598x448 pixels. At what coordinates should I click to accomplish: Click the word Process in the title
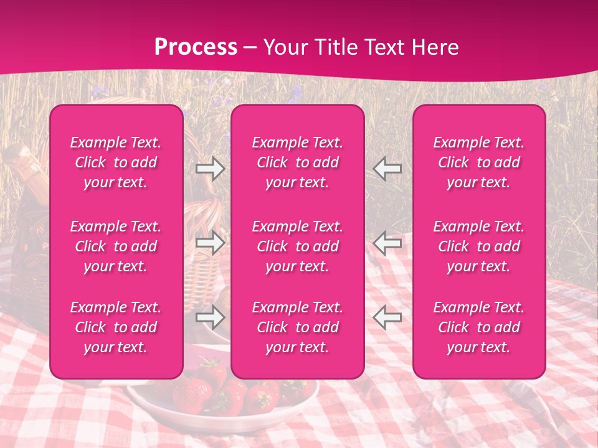tap(196, 47)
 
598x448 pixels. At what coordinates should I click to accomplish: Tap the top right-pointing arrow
tap(210, 169)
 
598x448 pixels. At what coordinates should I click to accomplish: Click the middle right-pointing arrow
tap(210, 242)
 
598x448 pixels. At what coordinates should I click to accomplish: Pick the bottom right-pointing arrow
tap(210, 317)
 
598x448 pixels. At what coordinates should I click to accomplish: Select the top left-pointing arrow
tap(387, 169)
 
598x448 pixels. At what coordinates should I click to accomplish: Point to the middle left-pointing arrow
tap(387, 242)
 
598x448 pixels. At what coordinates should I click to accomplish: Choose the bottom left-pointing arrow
tap(387, 317)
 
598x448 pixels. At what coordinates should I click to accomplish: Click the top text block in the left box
tap(116, 162)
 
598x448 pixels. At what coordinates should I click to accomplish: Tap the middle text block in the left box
tap(116, 246)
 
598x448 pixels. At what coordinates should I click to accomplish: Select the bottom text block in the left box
tap(116, 327)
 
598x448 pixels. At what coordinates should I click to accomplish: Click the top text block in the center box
tap(298, 162)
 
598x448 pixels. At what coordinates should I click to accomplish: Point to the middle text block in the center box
tap(298, 246)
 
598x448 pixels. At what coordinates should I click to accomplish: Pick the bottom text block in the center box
tap(298, 327)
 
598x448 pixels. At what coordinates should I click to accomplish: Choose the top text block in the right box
tap(479, 162)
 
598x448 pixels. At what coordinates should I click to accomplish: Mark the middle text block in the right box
tap(479, 246)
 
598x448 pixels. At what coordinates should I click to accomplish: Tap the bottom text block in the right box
tap(479, 327)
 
